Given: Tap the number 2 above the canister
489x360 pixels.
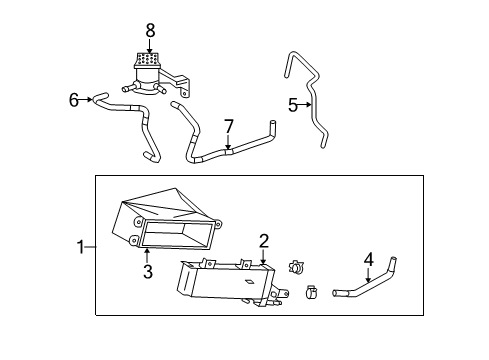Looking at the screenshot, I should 263,241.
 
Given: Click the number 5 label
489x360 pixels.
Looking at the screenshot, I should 293,104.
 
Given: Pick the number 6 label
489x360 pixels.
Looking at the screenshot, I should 73,99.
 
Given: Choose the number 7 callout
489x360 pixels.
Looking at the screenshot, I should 228,126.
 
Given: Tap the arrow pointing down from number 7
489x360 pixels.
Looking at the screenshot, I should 228,143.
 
